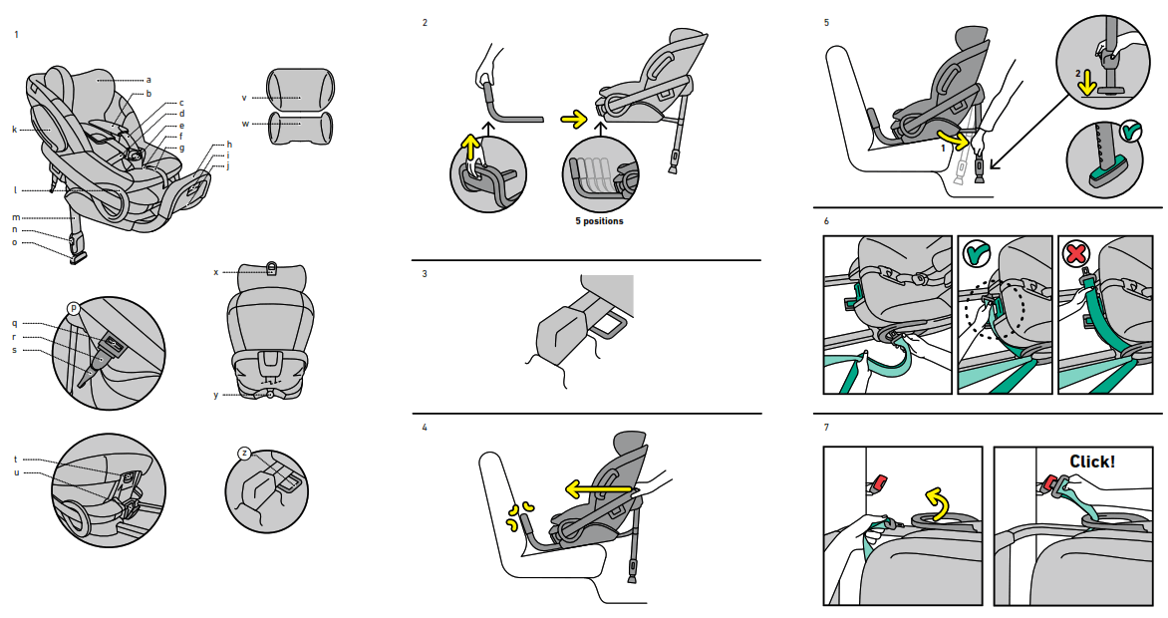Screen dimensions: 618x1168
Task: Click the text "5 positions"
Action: point(599,221)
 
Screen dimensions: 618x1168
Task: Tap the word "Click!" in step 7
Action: point(1092,462)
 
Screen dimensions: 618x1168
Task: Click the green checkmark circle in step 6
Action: point(977,254)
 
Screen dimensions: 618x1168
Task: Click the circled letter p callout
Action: point(73,308)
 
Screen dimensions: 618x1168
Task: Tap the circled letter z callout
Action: point(244,453)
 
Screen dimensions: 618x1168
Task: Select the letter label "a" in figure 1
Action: point(148,79)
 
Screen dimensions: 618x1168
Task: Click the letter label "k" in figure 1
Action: point(15,130)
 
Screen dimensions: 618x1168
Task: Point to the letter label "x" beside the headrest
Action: point(215,271)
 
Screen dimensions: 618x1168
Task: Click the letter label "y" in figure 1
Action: point(215,395)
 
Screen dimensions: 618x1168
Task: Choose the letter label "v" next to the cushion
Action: point(243,98)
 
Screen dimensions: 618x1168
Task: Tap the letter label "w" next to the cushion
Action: point(243,124)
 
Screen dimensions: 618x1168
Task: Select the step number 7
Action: point(826,428)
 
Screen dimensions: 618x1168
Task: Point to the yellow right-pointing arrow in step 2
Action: point(574,120)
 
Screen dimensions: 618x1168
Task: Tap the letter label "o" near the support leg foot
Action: point(15,241)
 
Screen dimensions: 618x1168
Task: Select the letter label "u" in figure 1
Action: point(16,471)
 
